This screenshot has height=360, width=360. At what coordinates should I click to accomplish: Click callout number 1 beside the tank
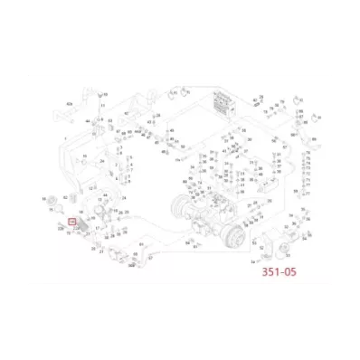click(64, 138)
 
